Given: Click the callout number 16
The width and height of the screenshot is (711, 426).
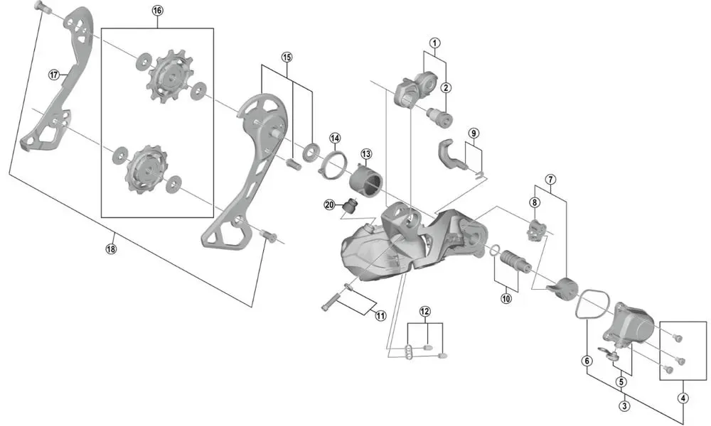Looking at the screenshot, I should click(x=157, y=11).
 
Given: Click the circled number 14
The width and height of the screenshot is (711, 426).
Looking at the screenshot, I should click(x=335, y=138).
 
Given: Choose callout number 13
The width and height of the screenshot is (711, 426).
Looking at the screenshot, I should click(x=366, y=153).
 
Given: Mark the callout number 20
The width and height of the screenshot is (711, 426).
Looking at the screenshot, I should click(x=329, y=204).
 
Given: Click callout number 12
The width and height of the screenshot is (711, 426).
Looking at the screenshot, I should click(x=424, y=311).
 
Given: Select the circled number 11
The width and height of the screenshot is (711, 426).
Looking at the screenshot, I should click(x=380, y=315).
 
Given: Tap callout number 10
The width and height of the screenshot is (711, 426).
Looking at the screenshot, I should click(x=506, y=298).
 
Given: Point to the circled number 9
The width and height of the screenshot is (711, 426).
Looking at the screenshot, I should click(x=474, y=133).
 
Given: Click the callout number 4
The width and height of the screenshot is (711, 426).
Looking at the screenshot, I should click(x=683, y=398).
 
